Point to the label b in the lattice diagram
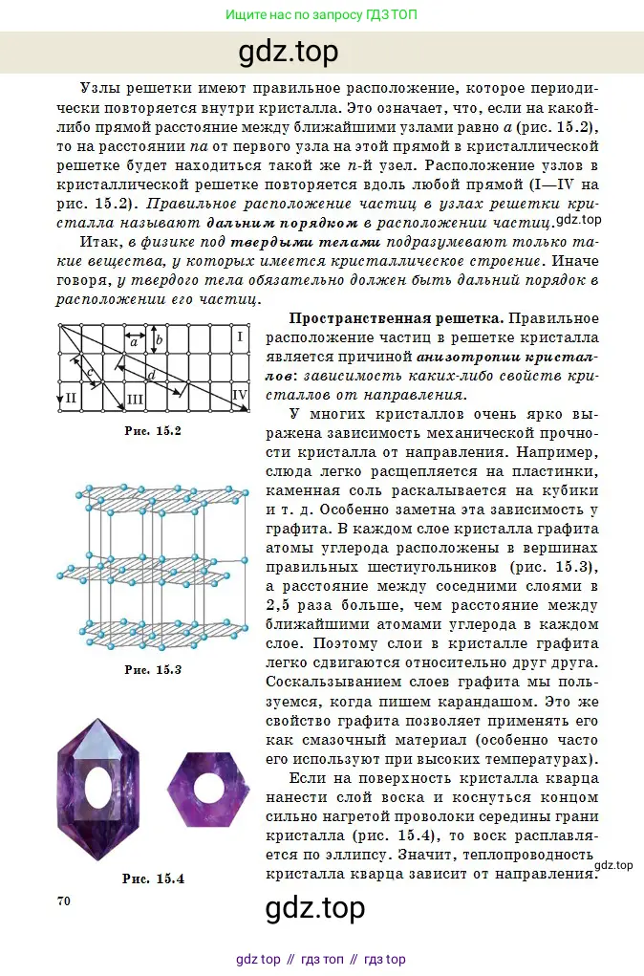[x=160, y=339]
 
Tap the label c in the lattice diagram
[x=88, y=372]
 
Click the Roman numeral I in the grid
[x=241, y=337]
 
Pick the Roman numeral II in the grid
[x=71, y=397]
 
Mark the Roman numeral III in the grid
[x=135, y=398]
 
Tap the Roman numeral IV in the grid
[x=240, y=393]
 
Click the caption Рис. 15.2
[x=153, y=430]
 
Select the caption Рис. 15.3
[x=153, y=668]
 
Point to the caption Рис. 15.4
[x=153, y=878]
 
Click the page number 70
[x=65, y=900]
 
